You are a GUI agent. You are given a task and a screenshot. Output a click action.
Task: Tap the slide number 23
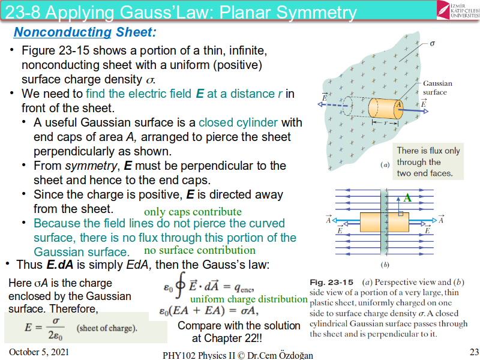point(470,350)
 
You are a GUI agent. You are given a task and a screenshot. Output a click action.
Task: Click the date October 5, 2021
point(35,350)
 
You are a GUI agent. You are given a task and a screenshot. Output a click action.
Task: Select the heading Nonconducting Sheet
point(85,32)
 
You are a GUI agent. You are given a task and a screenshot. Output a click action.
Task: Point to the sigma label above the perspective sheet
point(433,44)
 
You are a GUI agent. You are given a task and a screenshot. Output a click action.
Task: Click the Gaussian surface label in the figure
point(437,88)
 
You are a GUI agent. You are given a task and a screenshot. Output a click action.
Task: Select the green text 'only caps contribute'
point(193,212)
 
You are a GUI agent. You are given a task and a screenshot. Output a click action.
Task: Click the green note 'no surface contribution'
point(200,250)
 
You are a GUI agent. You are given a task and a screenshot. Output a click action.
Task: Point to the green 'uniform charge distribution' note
point(249,299)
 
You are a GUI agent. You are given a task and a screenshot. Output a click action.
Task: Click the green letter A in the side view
point(407,197)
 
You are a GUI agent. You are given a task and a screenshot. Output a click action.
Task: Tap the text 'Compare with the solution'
point(239,326)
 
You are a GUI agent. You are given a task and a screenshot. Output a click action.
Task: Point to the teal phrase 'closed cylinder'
point(238,122)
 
